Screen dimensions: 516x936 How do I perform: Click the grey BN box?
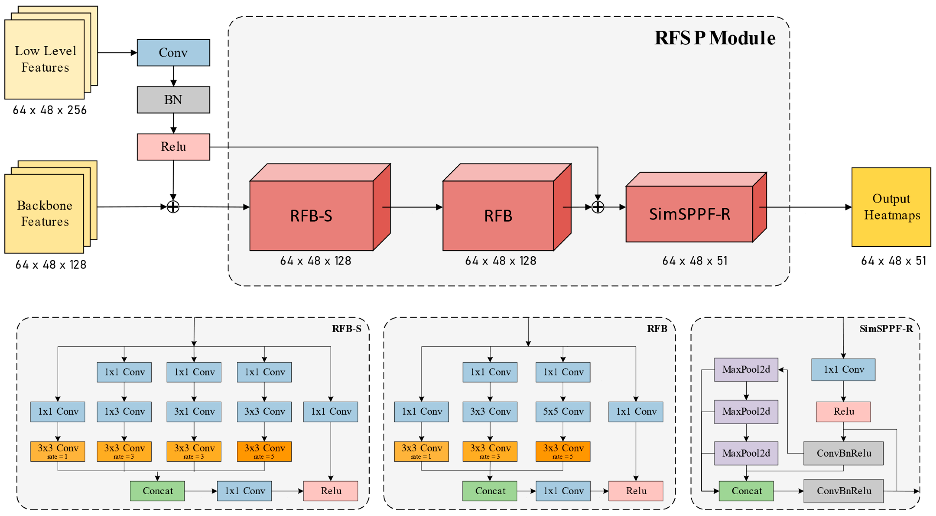[173, 100]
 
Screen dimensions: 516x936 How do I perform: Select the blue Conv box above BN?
[173, 53]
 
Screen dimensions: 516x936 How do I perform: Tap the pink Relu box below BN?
[173, 147]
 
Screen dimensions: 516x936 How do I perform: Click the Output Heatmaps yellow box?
[891, 207]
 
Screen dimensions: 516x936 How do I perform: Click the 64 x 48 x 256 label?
[50, 110]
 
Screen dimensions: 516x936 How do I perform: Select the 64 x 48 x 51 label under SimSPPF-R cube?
[694, 261]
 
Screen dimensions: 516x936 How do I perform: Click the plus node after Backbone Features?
[173, 207]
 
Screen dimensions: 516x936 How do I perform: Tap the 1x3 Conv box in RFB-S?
[124, 411]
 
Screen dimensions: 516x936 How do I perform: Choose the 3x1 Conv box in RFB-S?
[194, 411]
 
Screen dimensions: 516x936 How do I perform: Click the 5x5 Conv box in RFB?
[563, 411]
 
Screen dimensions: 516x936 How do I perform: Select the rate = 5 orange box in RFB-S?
[264, 451]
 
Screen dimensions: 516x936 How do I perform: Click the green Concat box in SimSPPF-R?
[746, 491]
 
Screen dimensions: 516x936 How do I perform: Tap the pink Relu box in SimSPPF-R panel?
[843, 411]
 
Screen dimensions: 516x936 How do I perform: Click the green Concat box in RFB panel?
[490, 491]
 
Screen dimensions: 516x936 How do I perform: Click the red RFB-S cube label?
[311, 216]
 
